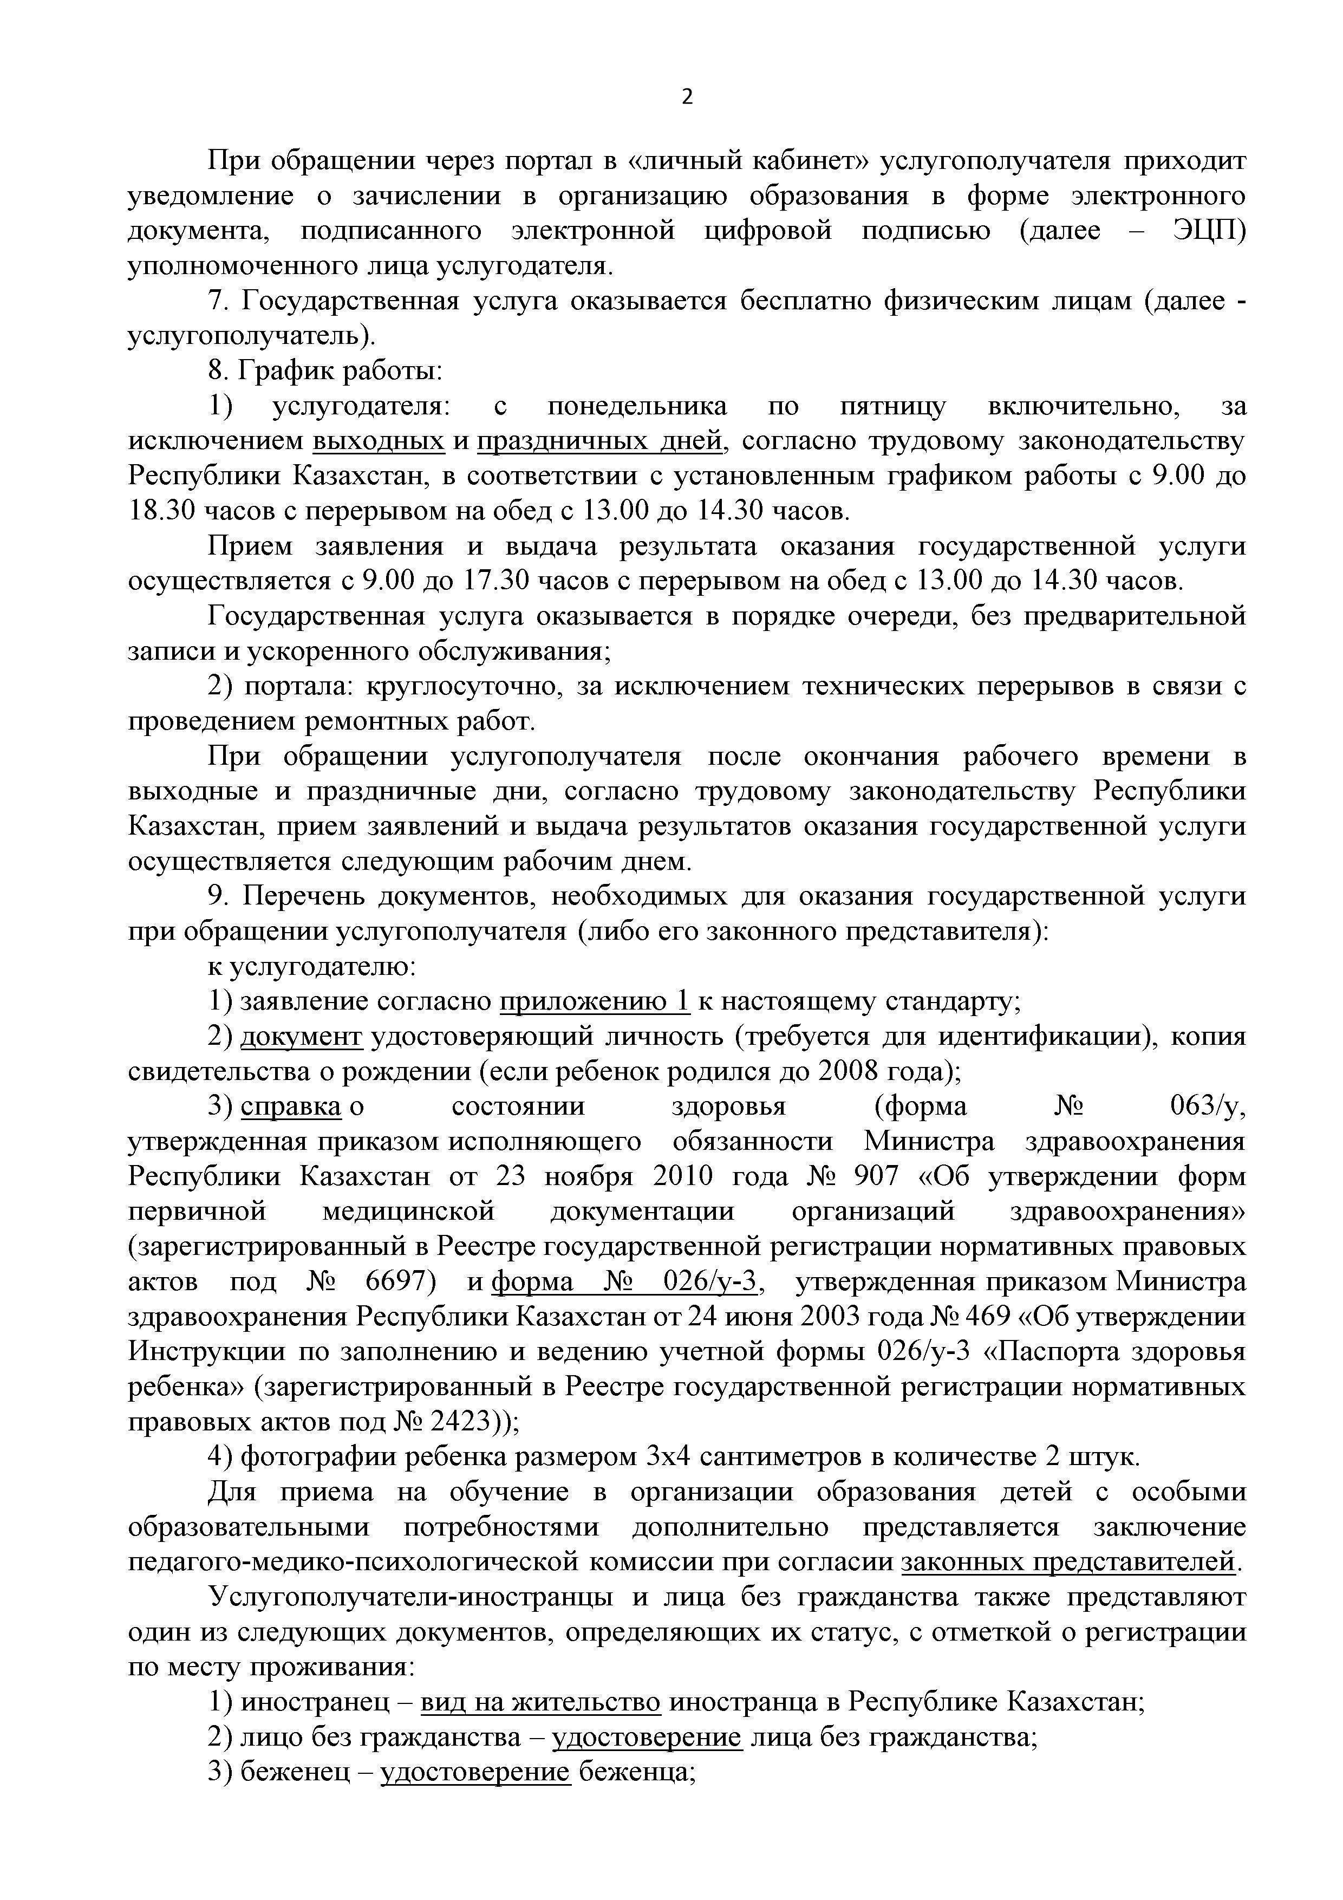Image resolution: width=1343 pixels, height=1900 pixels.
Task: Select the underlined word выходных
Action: point(378,441)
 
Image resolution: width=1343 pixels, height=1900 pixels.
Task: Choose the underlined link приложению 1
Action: point(594,1001)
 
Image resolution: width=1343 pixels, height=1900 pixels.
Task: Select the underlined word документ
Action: point(301,1036)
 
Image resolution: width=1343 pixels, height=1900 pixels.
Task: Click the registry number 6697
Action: point(400,1282)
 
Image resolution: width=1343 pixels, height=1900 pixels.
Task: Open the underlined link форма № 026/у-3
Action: point(625,1282)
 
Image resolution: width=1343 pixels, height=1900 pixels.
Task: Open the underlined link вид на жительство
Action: point(540,1701)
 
